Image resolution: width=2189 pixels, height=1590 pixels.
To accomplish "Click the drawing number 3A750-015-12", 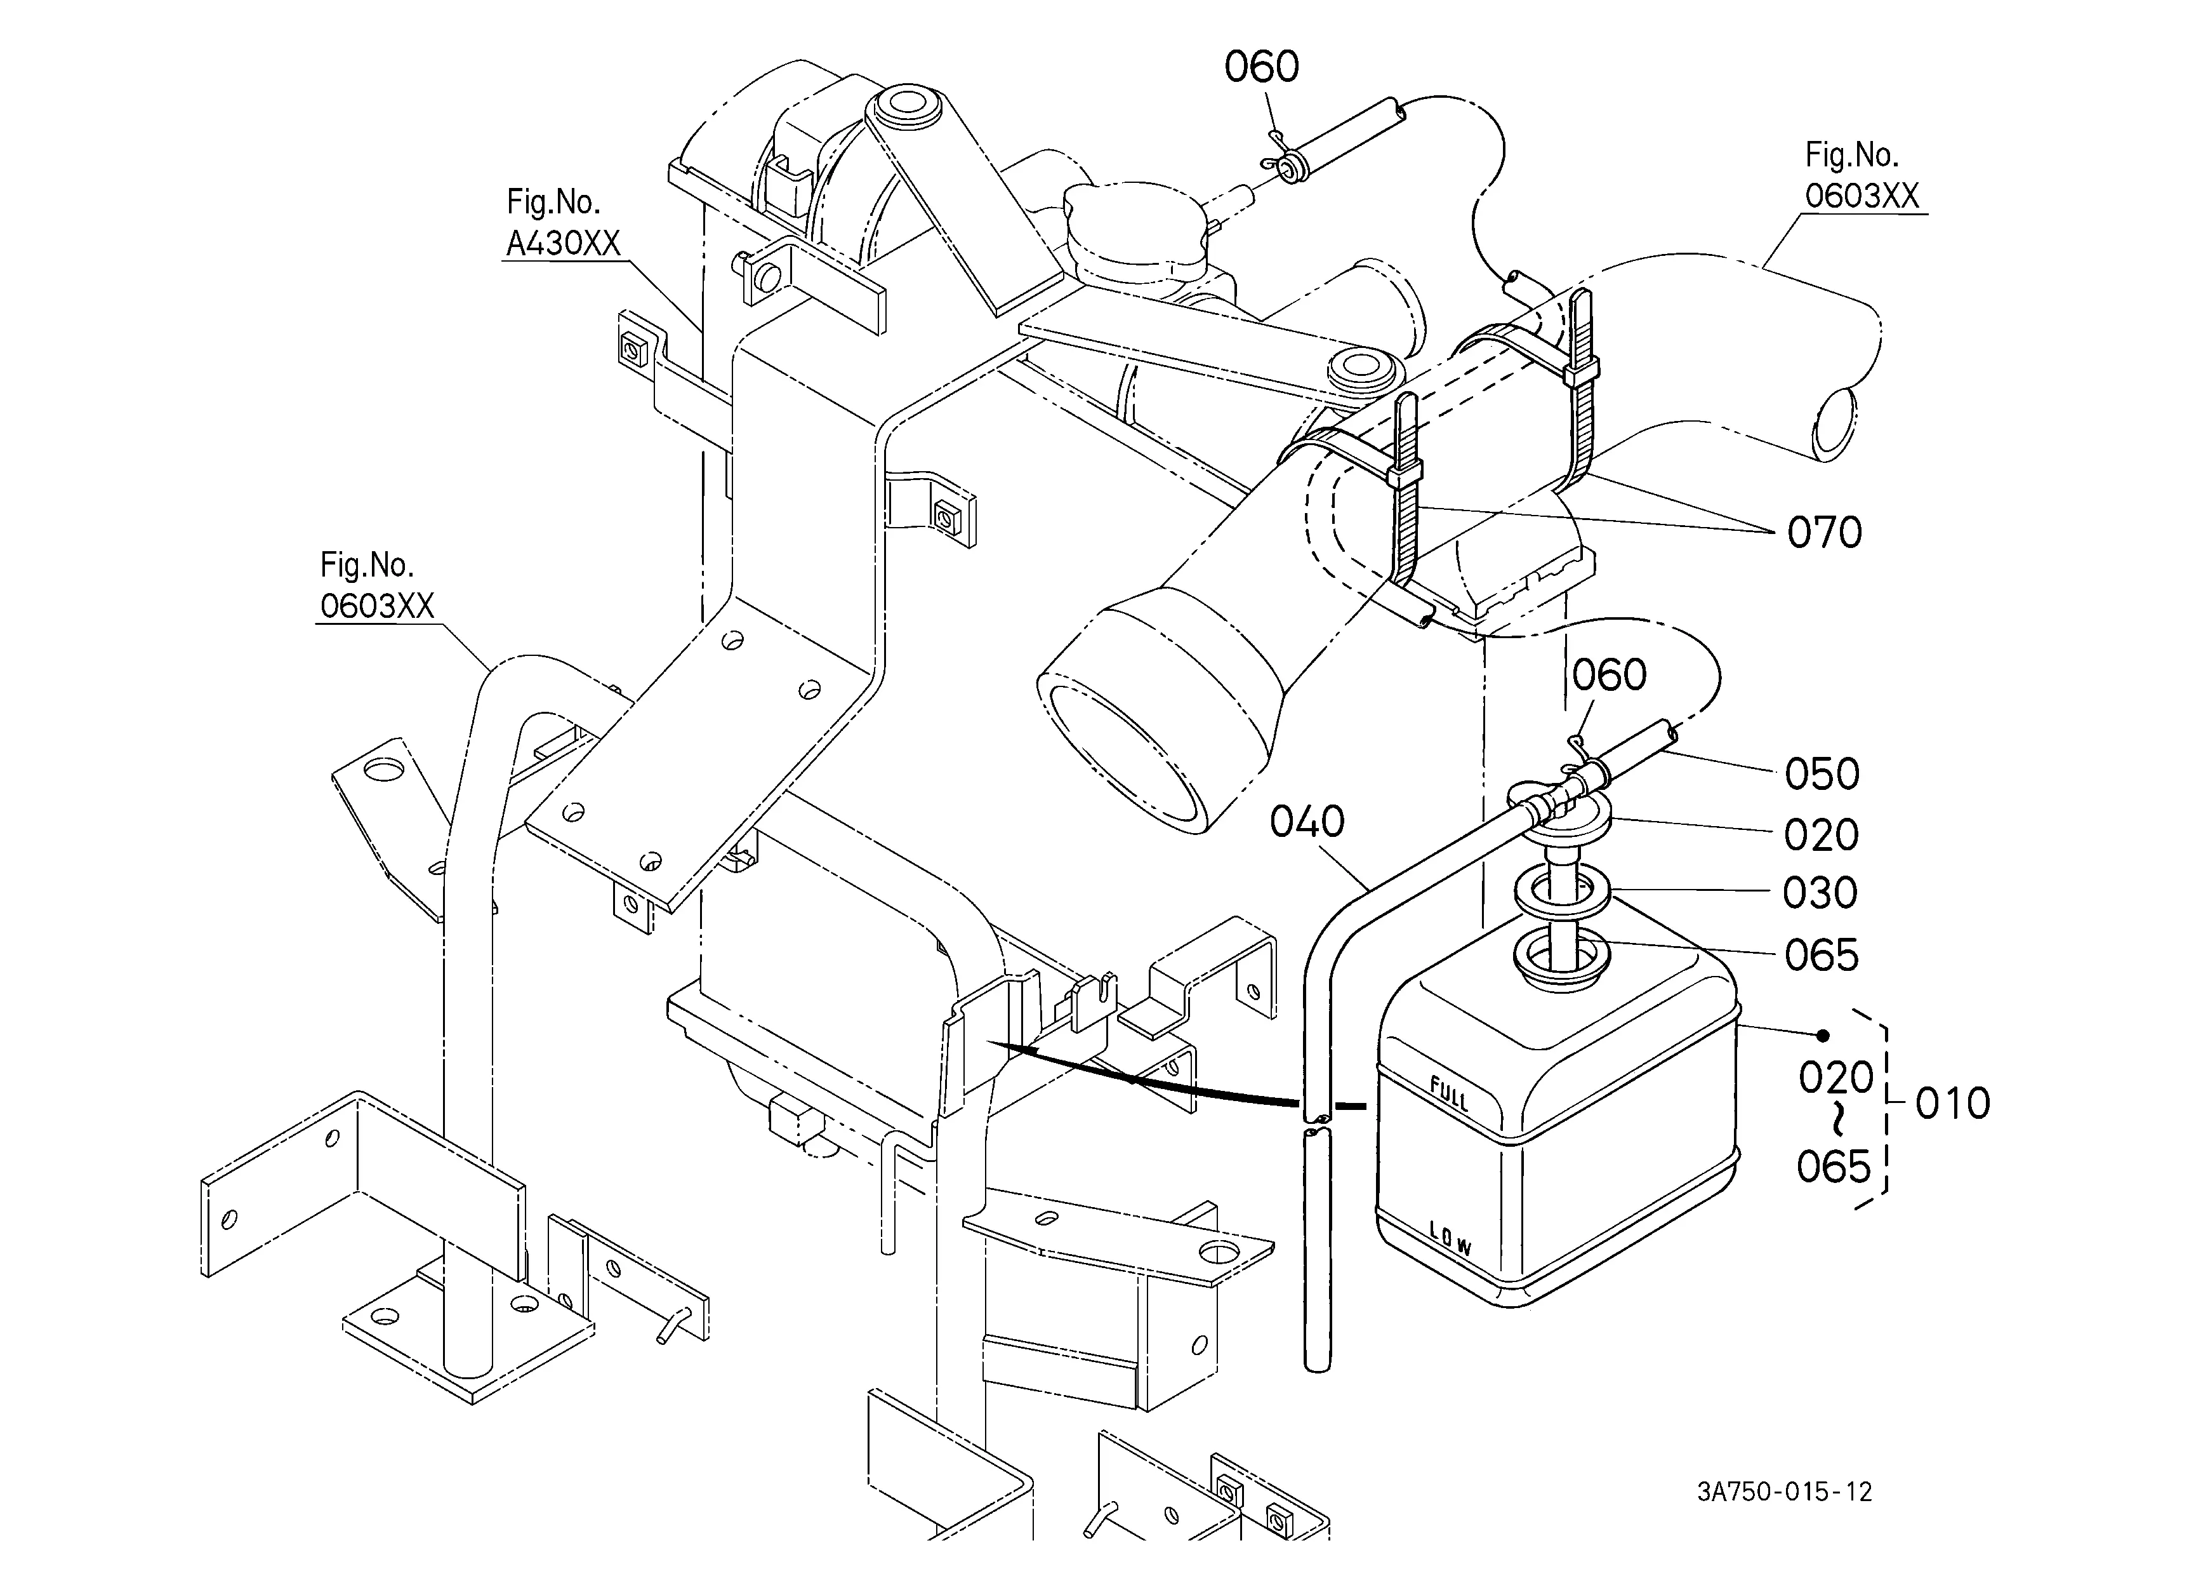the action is pyautogui.click(x=1785, y=1492).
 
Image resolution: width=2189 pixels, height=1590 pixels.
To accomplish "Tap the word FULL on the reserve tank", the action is pyautogui.click(x=1449, y=1096).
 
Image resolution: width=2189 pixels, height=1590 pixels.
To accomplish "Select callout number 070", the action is pyautogui.click(x=1824, y=532).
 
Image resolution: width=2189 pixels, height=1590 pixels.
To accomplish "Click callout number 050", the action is pyautogui.click(x=1822, y=773).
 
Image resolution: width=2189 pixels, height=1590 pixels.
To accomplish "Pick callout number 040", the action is pyautogui.click(x=1307, y=822).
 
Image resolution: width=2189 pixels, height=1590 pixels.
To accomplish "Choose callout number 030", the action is pyautogui.click(x=1820, y=893).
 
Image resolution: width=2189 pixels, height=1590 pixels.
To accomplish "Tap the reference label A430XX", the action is pyautogui.click(x=564, y=243).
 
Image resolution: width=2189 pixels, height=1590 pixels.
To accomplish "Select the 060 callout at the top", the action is pyautogui.click(x=1262, y=67).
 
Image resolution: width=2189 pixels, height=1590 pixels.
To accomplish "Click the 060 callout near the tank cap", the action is pyautogui.click(x=1609, y=675).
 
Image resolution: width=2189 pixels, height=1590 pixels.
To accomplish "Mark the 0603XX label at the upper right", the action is pyautogui.click(x=1862, y=196).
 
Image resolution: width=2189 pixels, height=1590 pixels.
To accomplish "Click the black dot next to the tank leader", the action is pyautogui.click(x=1822, y=1036).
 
